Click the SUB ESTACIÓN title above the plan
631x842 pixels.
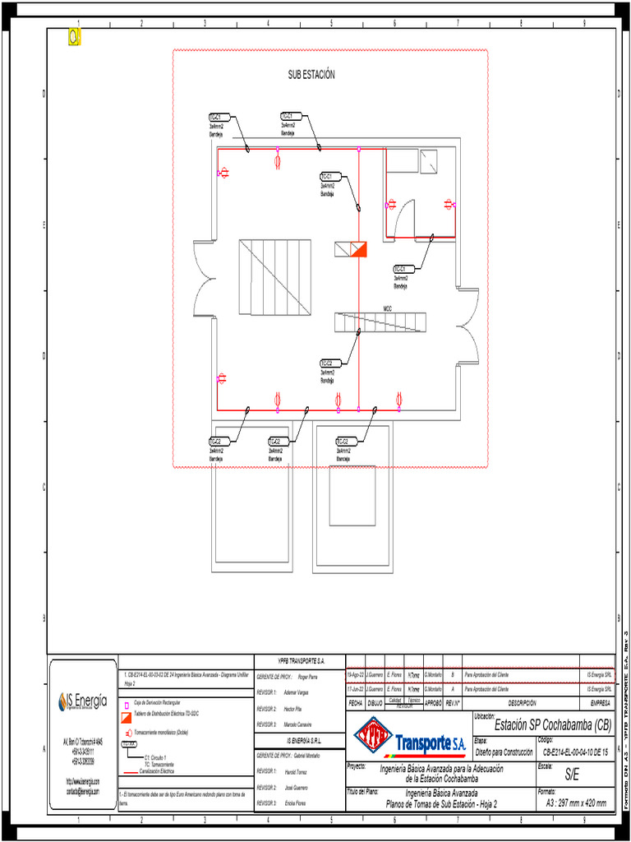(311, 75)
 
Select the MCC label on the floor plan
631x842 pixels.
(387, 308)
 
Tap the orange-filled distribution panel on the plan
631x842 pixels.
(358, 249)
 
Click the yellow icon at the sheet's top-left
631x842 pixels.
(75, 37)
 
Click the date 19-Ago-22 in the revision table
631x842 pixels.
(354, 674)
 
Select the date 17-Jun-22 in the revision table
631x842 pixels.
(354, 689)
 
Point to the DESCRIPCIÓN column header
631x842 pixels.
(522, 703)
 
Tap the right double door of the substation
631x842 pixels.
(468, 326)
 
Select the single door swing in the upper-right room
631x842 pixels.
(406, 220)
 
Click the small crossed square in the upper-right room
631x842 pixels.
(428, 160)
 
